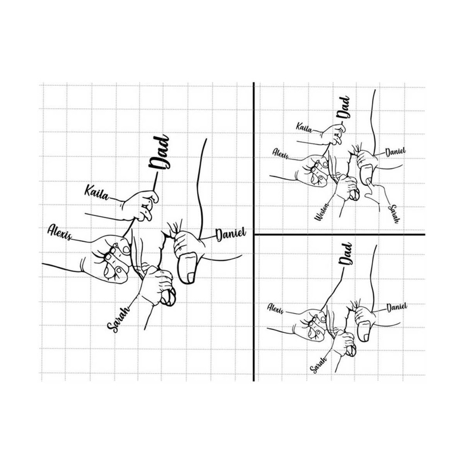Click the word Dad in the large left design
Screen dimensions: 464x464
point(160,153)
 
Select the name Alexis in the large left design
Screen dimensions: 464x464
point(60,232)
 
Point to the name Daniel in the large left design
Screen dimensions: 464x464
point(231,234)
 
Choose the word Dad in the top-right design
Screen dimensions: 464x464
point(344,108)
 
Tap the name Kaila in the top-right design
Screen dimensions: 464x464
point(304,128)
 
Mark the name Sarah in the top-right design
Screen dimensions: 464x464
point(394,213)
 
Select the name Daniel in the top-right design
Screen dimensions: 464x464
point(395,152)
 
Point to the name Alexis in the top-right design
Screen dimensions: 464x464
point(280,154)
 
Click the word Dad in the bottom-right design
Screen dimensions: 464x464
point(346,254)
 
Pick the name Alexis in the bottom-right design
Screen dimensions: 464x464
point(276,309)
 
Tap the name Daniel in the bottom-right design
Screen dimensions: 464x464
point(397,308)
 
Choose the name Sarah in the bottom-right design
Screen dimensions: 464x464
point(318,365)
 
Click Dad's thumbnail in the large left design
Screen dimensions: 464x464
point(191,277)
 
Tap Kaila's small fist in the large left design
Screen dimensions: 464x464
point(142,206)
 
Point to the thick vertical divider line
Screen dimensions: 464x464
point(254,232)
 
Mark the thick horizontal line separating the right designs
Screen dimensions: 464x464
point(340,235)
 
